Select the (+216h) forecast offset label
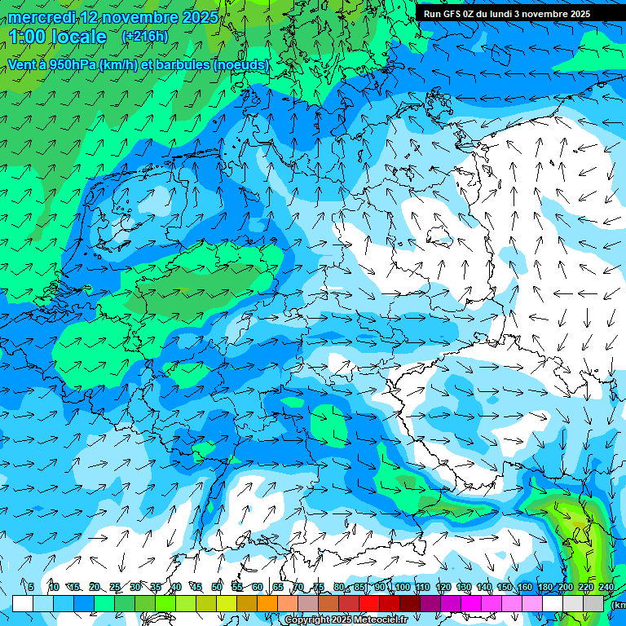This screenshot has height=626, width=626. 144,37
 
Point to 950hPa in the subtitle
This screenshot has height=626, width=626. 71,64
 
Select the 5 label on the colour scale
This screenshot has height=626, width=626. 31,587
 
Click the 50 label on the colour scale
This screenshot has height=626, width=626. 216,587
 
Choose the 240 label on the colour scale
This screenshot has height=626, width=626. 606,587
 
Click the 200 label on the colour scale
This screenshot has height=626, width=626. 565,587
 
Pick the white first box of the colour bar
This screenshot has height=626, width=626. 23,603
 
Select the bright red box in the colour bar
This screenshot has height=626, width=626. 369,603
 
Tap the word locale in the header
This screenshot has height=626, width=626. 79,37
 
